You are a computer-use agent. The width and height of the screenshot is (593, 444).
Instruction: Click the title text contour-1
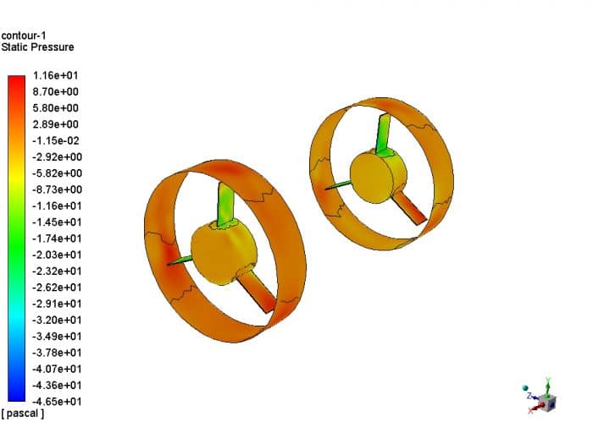tap(24, 36)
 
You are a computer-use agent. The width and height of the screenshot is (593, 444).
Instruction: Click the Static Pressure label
tap(37, 47)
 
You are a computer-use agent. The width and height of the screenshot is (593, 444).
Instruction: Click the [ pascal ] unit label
tap(24, 414)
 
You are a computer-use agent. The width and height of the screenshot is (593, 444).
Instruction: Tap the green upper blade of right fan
tap(384, 131)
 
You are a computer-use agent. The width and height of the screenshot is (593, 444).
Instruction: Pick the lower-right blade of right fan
tap(412, 207)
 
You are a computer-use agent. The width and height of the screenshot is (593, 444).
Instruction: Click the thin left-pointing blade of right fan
tap(337, 184)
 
